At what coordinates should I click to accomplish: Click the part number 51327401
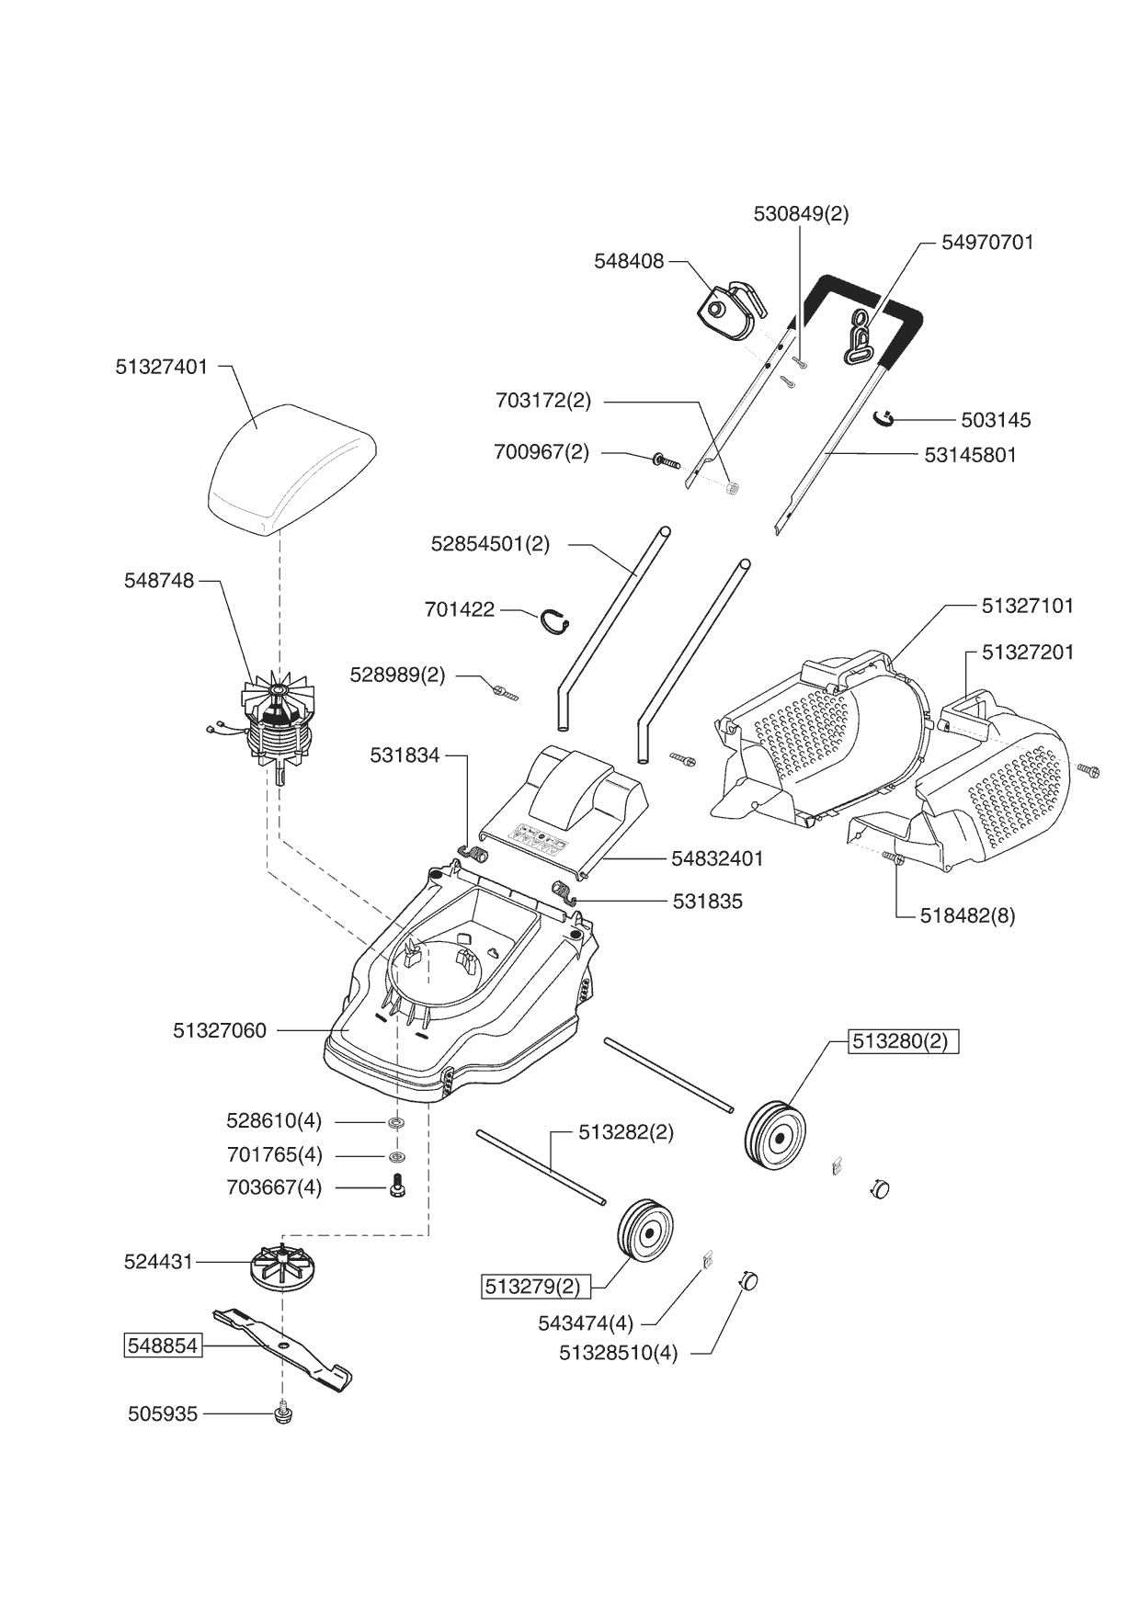162,367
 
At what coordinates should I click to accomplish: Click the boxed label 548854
163,1345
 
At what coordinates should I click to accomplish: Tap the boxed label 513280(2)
903,1041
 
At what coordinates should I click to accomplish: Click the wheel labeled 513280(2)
775,1136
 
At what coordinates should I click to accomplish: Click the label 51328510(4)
618,1354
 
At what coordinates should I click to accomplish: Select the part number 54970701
987,243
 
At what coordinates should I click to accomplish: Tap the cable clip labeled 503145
883,419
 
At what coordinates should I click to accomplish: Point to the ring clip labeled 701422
553,621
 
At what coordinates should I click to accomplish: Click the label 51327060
220,1031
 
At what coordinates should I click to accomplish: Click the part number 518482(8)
967,915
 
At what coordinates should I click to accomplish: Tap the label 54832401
717,858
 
